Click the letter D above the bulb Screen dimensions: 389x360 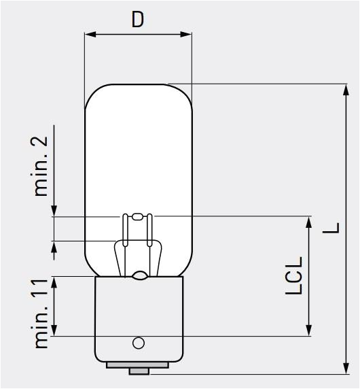tap(138, 19)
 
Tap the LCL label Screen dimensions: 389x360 tap(293, 275)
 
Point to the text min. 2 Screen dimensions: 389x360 tap(41, 165)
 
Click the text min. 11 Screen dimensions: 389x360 tap(41, 313)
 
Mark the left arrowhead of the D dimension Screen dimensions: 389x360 tap(89, 34)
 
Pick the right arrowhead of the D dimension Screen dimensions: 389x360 tap(187, 34)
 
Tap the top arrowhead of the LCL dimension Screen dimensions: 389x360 tap(309, 222)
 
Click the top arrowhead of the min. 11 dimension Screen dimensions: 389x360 tap(54, 282)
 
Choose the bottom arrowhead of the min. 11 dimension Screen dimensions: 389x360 tap(54, 331)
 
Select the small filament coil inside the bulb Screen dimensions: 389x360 tap(138, 216)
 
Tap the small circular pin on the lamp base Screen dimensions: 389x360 tap(139, 343)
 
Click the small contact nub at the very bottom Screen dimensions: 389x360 tap(139, 371)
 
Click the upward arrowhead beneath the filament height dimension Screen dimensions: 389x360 tap(54, 246)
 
